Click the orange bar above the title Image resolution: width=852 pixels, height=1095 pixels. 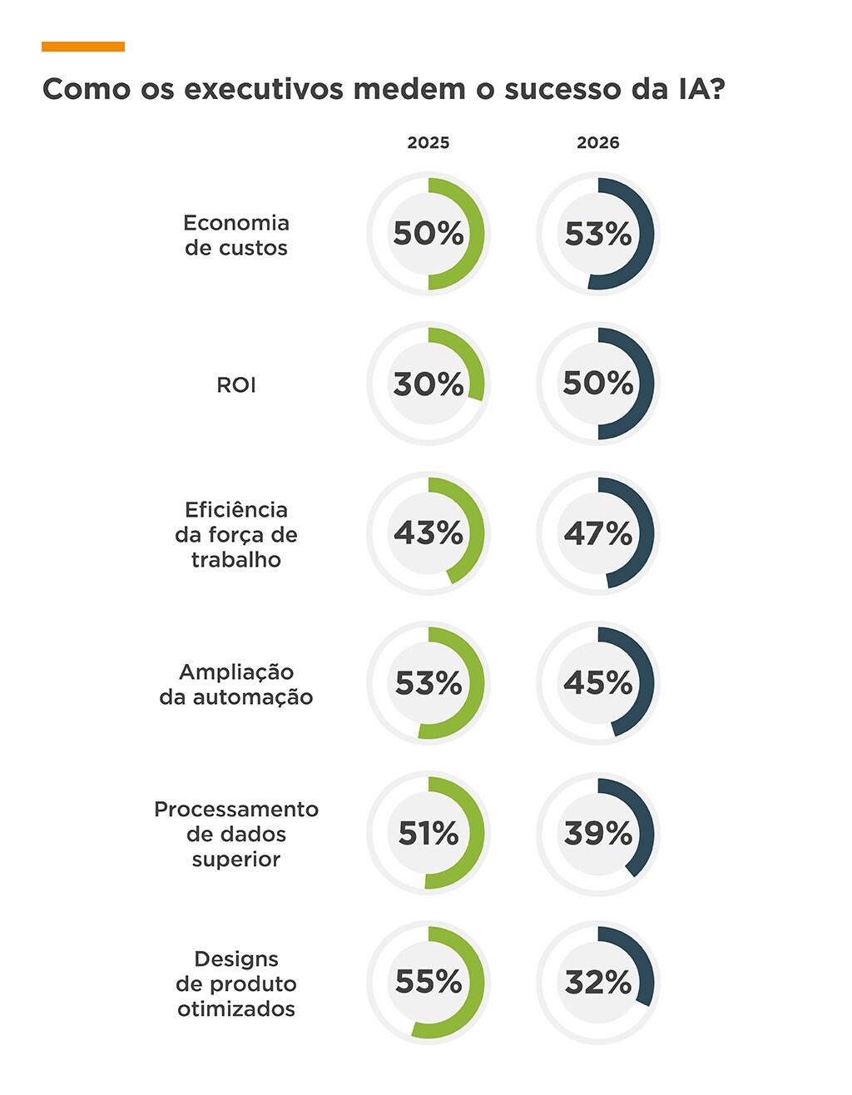83,47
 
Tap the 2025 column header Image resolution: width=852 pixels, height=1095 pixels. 428,143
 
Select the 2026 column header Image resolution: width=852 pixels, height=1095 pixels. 598,143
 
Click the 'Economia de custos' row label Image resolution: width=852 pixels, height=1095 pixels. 236,235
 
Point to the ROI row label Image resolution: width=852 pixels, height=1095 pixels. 236,385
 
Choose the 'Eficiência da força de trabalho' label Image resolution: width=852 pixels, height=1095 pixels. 236,534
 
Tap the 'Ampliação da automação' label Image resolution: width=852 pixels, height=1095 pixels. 236,684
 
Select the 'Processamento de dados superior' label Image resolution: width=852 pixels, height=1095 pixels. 236,834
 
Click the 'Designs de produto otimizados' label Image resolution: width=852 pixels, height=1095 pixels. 236,984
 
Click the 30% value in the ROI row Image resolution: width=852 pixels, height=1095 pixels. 428,384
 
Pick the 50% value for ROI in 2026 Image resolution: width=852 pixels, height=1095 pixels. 598,384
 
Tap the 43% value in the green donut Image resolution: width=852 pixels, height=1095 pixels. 428,533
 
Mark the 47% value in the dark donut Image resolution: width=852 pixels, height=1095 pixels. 598,533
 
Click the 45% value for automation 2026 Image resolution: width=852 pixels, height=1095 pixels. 598,683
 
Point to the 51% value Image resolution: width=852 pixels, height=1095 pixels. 428,833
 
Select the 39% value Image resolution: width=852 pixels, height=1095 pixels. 598,833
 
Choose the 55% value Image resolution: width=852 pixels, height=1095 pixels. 428,983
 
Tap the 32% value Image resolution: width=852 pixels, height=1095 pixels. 598,983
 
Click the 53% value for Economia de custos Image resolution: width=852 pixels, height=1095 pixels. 598,235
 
